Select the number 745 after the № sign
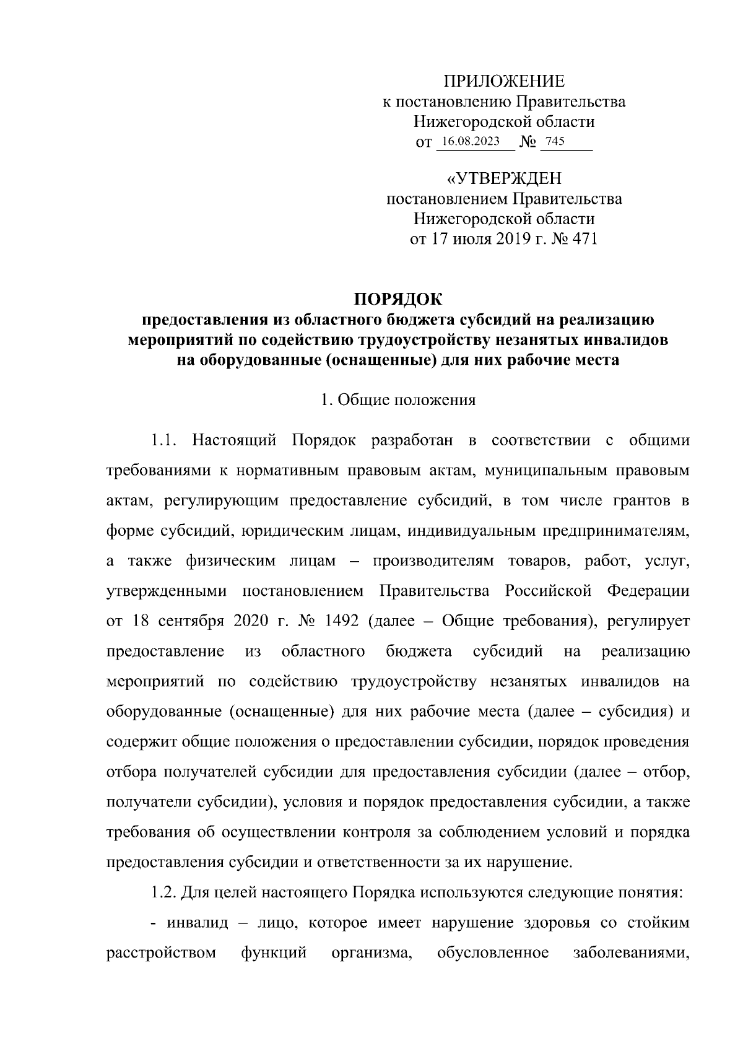[555, 141]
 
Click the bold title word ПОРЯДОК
[398, 300]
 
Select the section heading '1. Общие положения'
[398, 399]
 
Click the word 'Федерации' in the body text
[648, 591]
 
